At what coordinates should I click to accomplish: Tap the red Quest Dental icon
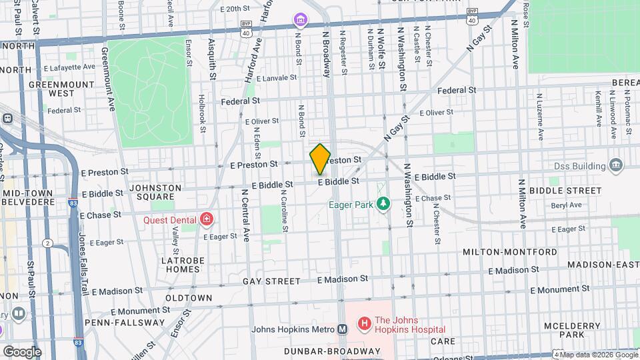click(207, 219)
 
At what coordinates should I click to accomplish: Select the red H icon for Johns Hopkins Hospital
click(364, 324)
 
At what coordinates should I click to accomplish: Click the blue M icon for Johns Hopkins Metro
click(342, 329)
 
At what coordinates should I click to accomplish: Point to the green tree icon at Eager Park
click(383, 203)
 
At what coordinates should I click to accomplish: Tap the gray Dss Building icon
click(616, 165)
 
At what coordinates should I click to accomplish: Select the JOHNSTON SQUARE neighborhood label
click(155, 193)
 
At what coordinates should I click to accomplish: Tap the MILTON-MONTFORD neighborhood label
click(510, 252)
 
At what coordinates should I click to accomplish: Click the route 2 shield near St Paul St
click(47, 243)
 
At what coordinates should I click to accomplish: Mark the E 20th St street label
click(223, 9)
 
